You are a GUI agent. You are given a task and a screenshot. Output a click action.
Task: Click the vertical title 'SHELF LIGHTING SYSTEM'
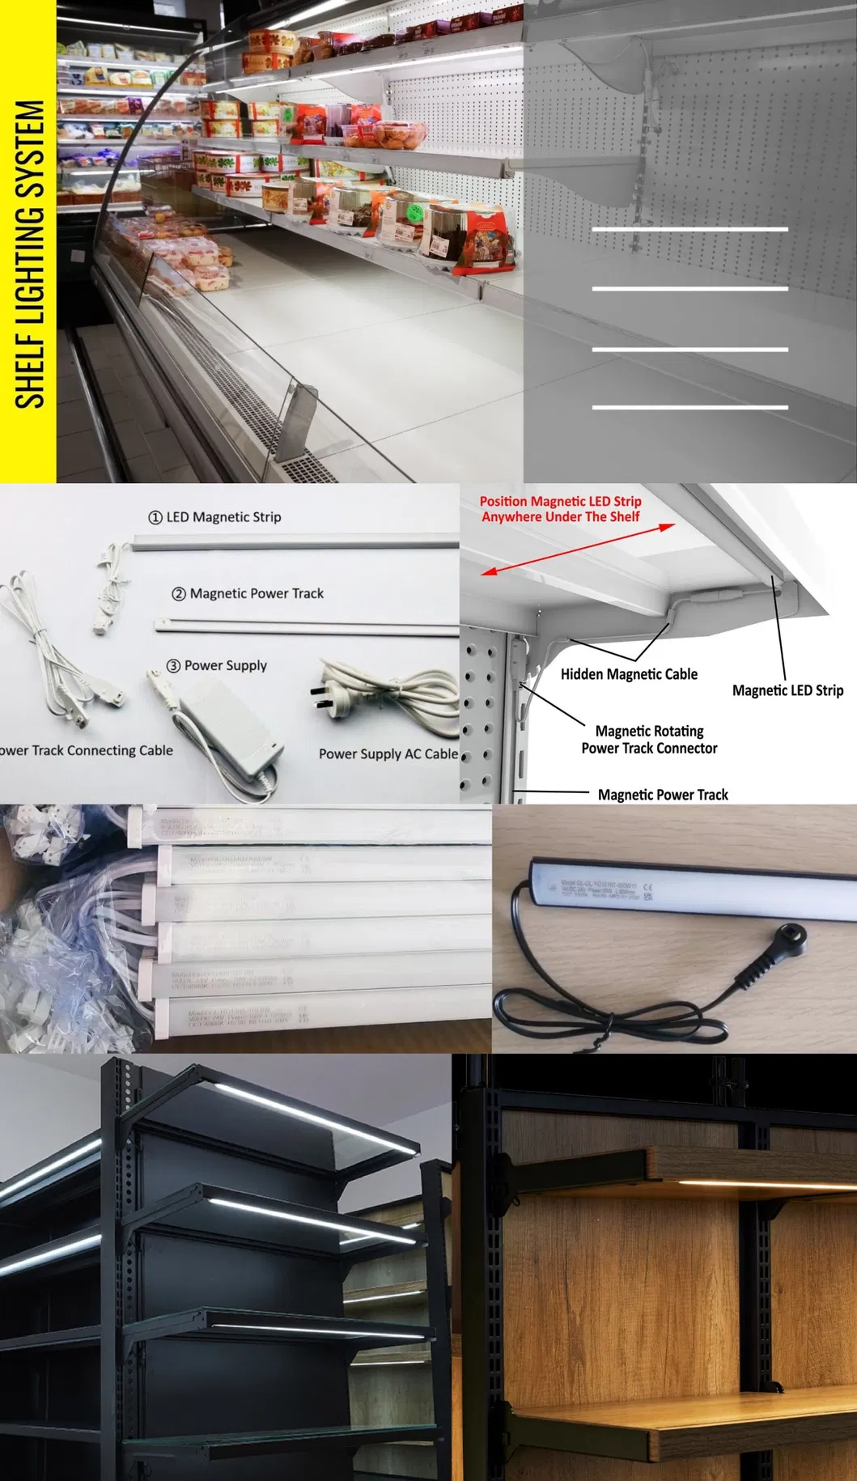point(28,254)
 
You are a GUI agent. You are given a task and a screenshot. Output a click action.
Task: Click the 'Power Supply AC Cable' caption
point(388,753)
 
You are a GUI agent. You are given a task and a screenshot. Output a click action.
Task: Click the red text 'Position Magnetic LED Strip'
point(560,502)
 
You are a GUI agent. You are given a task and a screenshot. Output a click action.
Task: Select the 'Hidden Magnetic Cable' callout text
point(629,674)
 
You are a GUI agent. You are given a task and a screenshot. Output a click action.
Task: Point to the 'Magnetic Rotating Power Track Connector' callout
point(649,740)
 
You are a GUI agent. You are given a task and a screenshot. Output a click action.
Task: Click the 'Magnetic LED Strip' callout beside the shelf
point(787,690)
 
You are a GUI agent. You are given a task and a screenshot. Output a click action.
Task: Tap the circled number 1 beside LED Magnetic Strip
point(155,517)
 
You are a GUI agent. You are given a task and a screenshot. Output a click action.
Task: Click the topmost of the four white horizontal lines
point(689,230)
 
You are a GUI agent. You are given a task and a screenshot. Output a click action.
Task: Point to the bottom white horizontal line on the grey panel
point(689,407)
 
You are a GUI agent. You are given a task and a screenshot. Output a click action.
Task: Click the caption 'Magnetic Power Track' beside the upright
point(663,795)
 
